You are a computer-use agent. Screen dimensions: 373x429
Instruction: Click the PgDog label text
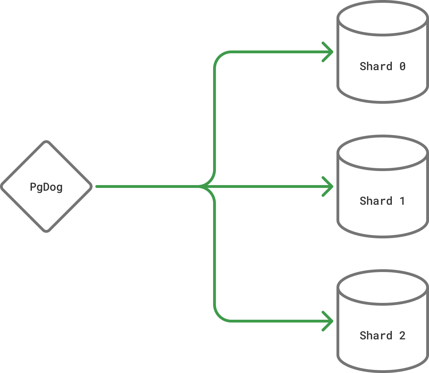pos(46,187)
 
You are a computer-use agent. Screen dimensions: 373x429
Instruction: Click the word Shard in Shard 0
pos(376,66)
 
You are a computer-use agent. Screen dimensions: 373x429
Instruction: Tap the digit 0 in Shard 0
pos(402,66)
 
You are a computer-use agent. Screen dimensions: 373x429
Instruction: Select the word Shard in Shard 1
pos(376,201)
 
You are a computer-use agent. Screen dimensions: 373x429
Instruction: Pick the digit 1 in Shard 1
pos(402,201)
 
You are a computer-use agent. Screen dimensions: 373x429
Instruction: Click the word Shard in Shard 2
pos(376,335)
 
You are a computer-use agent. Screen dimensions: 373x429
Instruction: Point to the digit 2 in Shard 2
pos(402,335)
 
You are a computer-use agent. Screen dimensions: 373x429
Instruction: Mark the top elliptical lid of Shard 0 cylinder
pos(382,18)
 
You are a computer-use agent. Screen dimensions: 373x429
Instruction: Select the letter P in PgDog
pos(33,187)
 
